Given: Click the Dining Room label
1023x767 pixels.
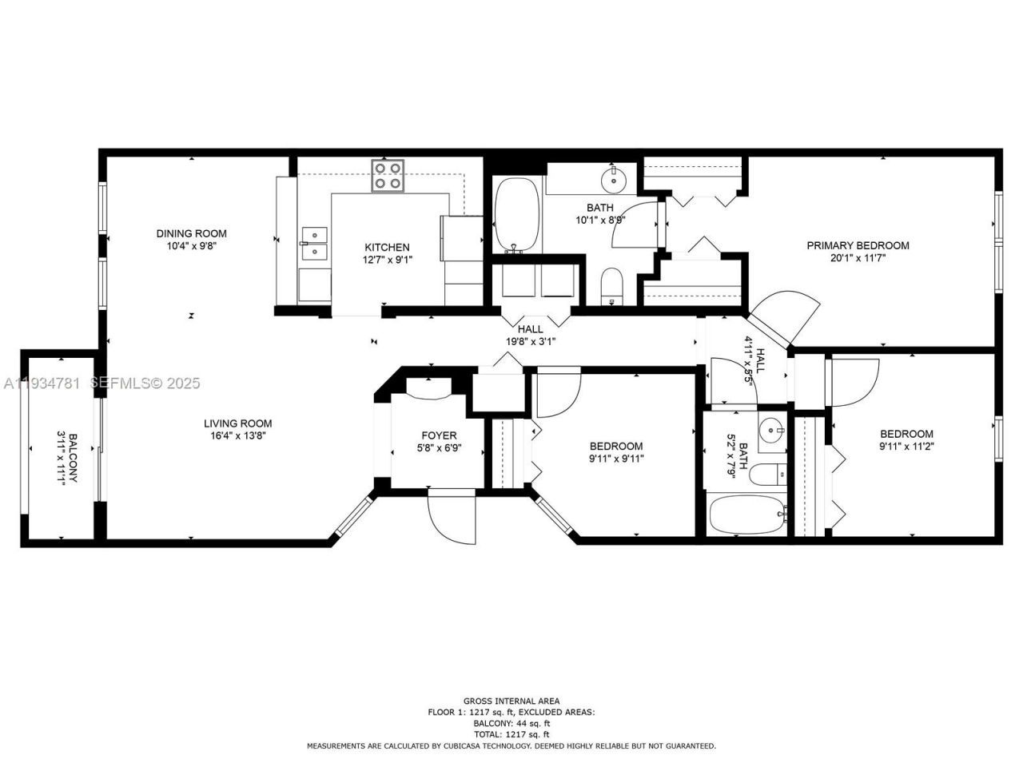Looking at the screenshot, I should (x=191, y=233).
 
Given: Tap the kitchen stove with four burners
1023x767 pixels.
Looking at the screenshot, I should (x=387, y=175).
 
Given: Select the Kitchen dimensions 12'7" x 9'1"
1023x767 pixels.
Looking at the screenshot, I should (x=387, y=260).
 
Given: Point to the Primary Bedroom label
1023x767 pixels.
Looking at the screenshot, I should (x=858, y=245).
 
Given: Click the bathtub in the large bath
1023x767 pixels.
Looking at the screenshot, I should (x=518, y=214).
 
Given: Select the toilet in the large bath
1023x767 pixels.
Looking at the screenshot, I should (x=611, y=286).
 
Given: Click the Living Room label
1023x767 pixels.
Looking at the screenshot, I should (x=237, y=423).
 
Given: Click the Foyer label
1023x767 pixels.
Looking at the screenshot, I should (x=439, y=435).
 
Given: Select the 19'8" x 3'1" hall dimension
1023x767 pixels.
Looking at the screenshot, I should (x=530, y=341).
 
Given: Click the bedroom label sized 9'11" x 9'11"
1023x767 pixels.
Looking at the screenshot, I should (x=616, y=447).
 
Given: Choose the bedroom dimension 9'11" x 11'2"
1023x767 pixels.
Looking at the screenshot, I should (x=906, y=447).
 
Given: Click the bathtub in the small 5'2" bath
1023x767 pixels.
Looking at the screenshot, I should (x=746, y=515).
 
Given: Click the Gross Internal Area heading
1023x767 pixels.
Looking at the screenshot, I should (x=511, y=701).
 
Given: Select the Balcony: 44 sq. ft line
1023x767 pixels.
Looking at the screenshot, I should (x=511, y=723).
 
